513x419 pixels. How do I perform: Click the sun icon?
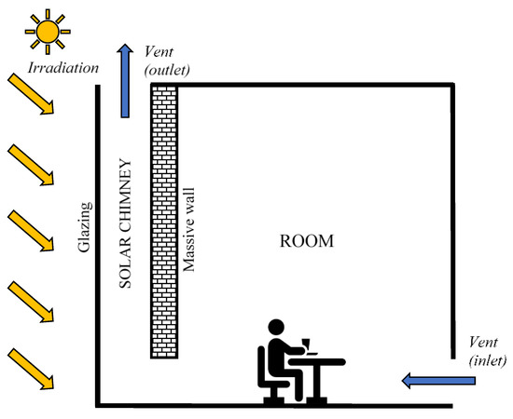tap(46, 31)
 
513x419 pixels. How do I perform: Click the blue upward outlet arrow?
tap(125, 79)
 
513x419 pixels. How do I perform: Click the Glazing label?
tap(83, 228)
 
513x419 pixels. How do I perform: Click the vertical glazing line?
tap(99, 242)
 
